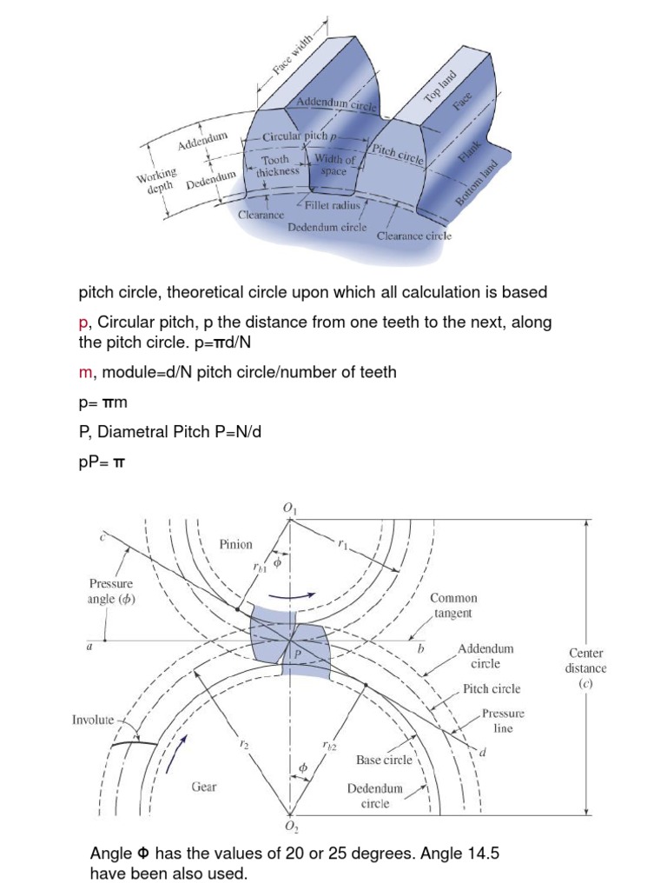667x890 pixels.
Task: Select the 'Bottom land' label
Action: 477,183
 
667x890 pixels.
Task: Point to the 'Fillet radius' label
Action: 332,206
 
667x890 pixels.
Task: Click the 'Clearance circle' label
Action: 414,235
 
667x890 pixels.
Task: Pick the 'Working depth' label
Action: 156,181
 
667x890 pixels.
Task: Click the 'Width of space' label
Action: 333,165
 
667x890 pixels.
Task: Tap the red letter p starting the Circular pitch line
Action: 83,322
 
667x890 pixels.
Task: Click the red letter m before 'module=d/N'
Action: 84,372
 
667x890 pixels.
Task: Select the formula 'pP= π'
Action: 102,462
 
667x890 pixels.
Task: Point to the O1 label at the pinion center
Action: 289,508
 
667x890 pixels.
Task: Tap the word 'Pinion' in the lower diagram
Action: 235,544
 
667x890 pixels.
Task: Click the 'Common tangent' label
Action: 452,606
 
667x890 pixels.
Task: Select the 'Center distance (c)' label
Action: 587,668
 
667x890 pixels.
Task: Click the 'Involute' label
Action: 93,720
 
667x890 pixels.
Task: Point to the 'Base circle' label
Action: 385,760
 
